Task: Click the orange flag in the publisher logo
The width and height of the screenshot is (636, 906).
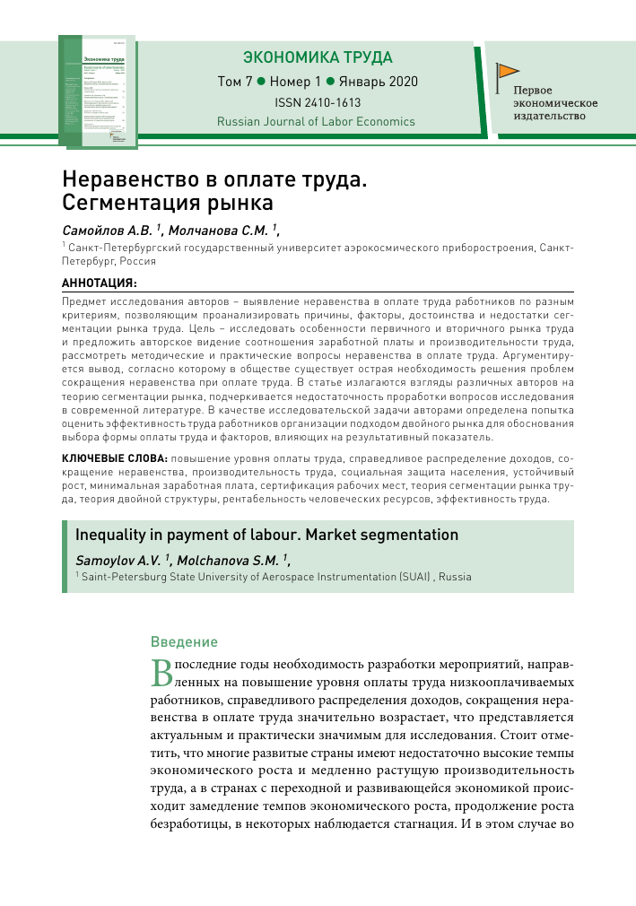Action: click(x=509, y=70)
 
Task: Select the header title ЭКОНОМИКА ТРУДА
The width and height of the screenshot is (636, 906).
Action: click(x=318, y=57)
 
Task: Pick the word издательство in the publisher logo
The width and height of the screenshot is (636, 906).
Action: click(x=549, y=116)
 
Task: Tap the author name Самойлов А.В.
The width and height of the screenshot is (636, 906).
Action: click(x=101, y=229)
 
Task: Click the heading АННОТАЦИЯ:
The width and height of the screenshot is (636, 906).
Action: click(x=100, y=282)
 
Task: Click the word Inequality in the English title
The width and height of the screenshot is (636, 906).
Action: click(x=110, y=536)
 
